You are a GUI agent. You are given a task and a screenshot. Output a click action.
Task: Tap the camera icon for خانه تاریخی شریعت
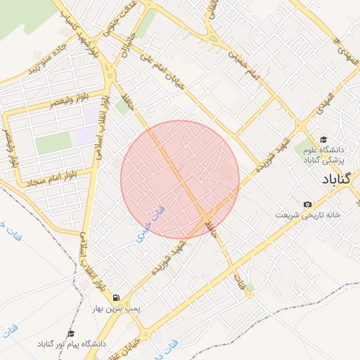pyautogui.click(x=307, y=205)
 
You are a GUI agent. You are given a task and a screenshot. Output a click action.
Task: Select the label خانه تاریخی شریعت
pyautogui.click(x=308, y=214)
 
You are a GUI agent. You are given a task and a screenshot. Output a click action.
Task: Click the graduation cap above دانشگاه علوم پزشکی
pyautogui.click(x=323, y=139)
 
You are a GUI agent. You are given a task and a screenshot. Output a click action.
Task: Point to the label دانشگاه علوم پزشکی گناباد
pyautogui.click(x=322, y=155)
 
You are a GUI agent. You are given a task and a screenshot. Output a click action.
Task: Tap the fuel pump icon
pyautogui.click(x=115, y=298)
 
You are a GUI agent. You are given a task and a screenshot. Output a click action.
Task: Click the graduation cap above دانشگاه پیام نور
pyautogui.click(x=70, y=333)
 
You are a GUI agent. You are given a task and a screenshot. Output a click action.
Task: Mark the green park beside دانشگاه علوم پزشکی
pyautogui.click(x=304, y=148)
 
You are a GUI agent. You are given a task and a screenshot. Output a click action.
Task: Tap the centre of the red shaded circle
pyautogui.click(x=180, y=179)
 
